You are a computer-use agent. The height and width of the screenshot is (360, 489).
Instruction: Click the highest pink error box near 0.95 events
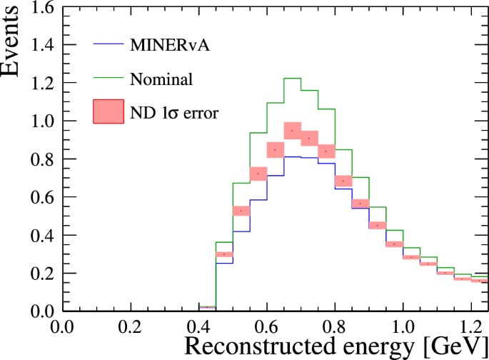click(x=292, y=131)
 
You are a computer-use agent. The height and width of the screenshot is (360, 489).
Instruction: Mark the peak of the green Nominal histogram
click(x=292, y=78)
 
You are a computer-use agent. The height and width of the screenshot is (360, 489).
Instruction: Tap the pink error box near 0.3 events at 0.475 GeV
click(x=224, y=254)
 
